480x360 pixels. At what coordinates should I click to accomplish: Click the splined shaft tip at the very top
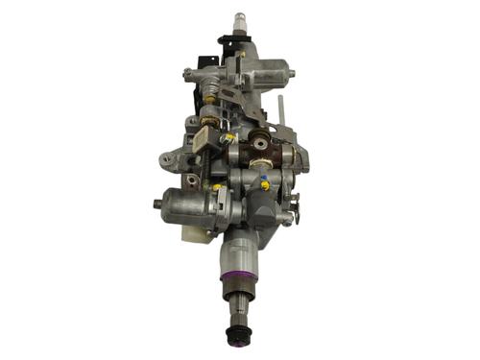239,19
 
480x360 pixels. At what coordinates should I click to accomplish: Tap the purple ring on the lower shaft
238,278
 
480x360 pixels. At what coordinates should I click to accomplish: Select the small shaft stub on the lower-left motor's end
156,204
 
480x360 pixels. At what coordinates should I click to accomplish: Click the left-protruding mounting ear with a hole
168,157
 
